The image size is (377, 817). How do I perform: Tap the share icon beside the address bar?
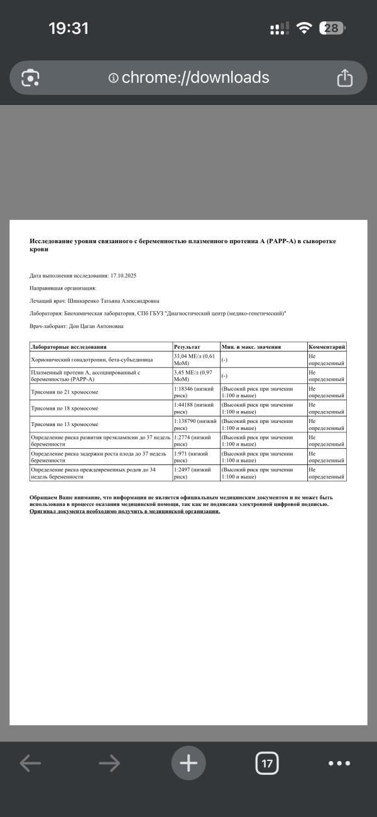point(344,78)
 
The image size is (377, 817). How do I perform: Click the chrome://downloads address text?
point(195,77)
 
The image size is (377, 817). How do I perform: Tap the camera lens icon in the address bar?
point(30,78)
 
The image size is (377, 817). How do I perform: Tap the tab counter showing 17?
point(267,763)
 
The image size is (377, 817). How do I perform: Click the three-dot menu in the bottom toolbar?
point(339,763)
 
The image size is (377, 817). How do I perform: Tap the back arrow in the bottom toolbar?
point(30,763)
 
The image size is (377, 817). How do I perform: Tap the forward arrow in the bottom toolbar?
point(109,763)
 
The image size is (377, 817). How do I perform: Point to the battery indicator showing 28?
point(332,28)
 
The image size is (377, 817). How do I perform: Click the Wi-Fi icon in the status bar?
point(305,28)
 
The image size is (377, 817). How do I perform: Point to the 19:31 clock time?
point(68,28)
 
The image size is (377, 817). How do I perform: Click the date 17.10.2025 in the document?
point(123,275)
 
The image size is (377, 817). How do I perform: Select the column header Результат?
point(187,347)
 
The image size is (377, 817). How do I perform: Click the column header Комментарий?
point(326,347)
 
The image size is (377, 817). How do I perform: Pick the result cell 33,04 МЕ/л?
point(195,359)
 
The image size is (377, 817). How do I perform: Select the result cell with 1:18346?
point(195,392)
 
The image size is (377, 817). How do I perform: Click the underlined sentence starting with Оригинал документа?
point(125,511)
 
